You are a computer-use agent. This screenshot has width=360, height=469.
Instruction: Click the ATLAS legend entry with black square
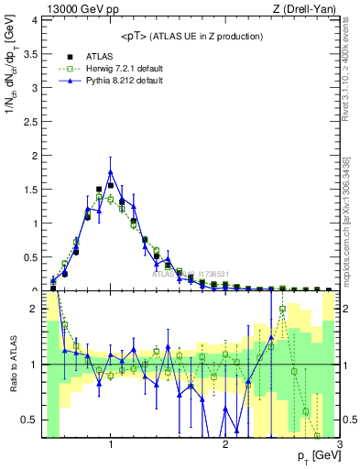tap(87, 55)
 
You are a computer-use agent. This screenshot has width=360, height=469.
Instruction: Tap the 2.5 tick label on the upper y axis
tap(33, 122)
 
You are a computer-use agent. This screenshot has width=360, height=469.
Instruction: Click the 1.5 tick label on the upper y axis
tap(33, 190)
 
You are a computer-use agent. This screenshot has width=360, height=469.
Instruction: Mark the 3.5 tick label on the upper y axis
tap(33, 55)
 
